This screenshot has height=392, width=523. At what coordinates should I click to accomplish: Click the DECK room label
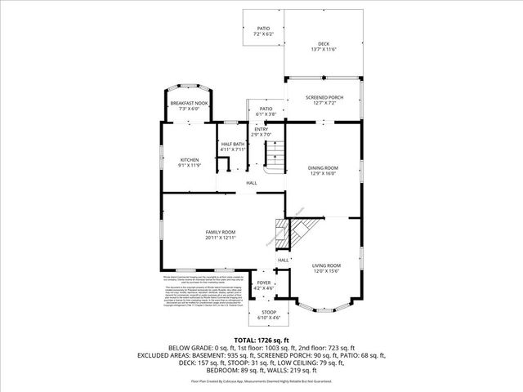pos(324,43)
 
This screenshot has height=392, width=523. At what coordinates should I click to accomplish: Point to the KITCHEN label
pos(190,160)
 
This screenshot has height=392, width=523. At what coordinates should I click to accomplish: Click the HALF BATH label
pos(233,145)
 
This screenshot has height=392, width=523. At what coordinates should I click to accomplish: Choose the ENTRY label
pos(261,129)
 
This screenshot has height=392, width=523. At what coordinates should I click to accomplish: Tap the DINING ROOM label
pos(323,168)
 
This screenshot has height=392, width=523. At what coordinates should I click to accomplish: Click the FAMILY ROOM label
pos(220,232)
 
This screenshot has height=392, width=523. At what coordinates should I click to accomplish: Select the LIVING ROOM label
pos(326,266)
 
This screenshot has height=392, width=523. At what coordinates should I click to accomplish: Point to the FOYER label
pos(263,283)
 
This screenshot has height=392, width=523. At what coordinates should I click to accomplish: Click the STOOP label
pos(268,312)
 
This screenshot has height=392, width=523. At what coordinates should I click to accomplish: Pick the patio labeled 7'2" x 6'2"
pos(263,28)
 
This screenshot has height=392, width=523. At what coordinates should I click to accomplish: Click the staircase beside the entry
pos(275,153)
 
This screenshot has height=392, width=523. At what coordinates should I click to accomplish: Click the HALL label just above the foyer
pos(283,261)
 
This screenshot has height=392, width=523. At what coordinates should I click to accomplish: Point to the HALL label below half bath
pos(252,182)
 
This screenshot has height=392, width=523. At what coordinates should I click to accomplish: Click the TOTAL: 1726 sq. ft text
pos(261,339)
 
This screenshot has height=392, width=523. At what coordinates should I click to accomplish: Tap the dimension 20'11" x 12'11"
pos(220,238)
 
